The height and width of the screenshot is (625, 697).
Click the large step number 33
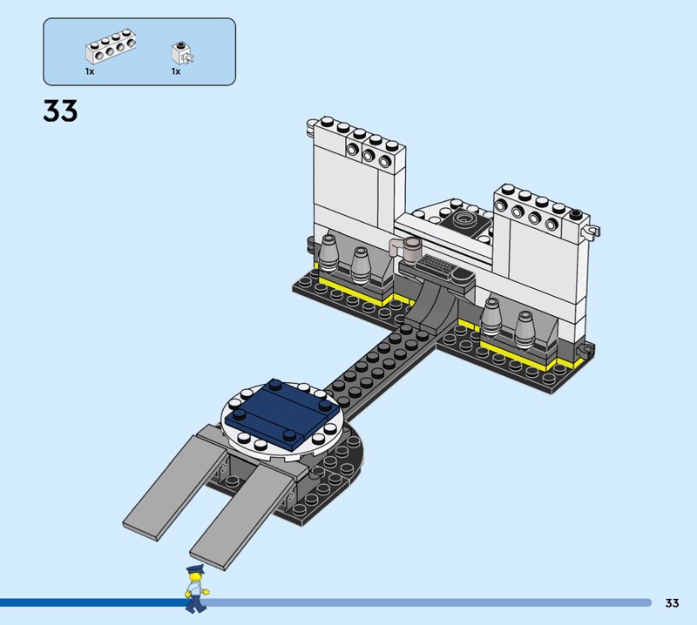point(60,111)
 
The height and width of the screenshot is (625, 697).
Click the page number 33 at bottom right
point(672,602)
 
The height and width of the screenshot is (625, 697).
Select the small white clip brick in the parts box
point(183,54)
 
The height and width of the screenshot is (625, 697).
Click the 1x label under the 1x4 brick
point(90,71)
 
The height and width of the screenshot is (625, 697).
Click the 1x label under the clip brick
point(176,71)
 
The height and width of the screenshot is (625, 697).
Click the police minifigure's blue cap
point(195,569)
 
